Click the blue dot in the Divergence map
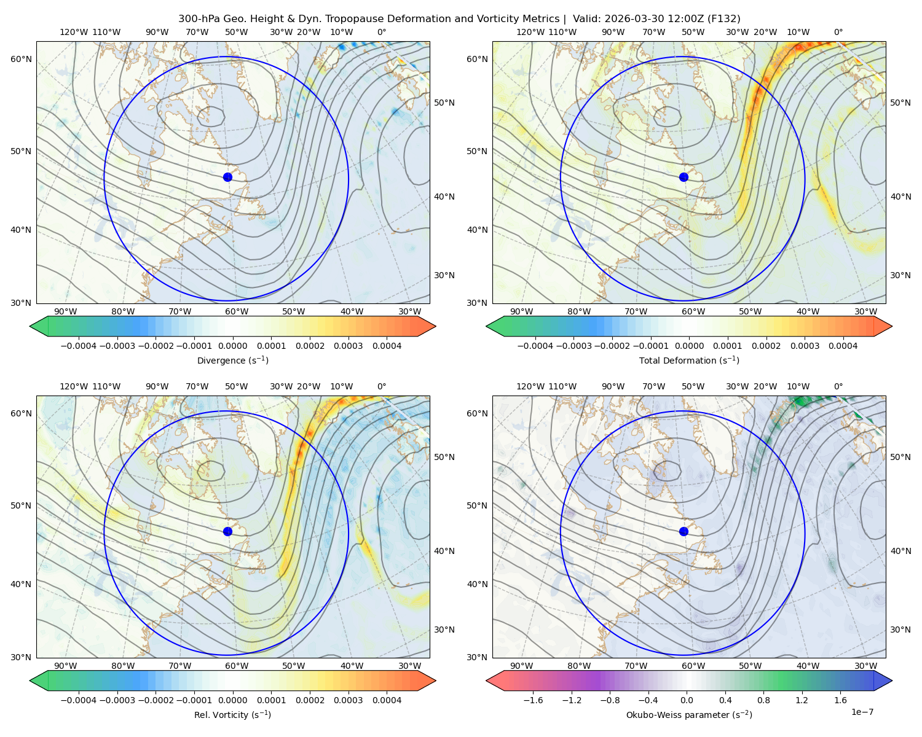click(227, 177)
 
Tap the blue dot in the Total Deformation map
click(684, 177)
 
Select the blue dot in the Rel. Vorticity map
click(227, 531)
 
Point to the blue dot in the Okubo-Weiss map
click(684, 531)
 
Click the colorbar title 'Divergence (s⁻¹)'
click(232, 361)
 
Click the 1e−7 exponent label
click(862, 712)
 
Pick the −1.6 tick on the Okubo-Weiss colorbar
click(533, 700)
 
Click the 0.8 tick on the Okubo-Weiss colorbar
click(763, 700)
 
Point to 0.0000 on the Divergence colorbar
click(232, 346)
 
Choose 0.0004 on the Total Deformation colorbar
click(843, 346)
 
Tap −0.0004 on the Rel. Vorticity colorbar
click(79, 700)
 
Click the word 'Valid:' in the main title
click(585, 19)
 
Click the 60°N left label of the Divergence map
click(21, 59)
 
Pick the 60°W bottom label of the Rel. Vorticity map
click(237, 666)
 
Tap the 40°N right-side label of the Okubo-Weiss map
click(900, 551)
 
